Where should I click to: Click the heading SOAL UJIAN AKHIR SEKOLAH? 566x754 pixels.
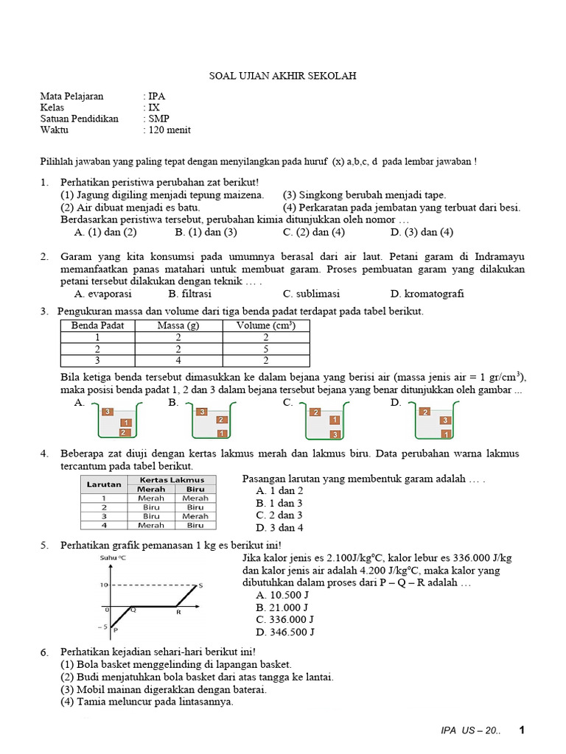[x=282, y=76]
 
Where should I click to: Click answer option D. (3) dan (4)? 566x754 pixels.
[x=422, y=232]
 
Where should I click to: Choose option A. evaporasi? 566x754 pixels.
[x=102, y=293]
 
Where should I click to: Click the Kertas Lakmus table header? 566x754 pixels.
[x=175, y=479]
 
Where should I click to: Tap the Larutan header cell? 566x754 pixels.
[x=103, y=484]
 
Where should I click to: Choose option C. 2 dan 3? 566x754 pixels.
[x=279, y=515]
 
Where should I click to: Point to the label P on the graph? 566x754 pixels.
[x=116, y=630]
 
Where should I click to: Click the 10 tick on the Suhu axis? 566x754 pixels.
[x=105, y=585]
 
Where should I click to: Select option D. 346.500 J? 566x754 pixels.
[x=284, y=632]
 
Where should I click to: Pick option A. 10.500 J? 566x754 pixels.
[x=282, y=594]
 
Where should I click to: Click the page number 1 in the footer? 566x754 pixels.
[x=522, y=730]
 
